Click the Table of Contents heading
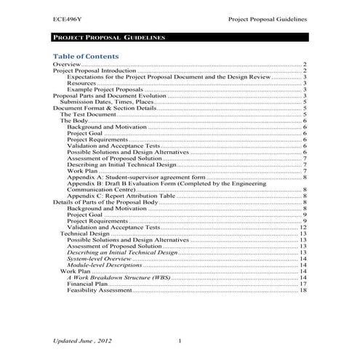[88, 56]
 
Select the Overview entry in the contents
[66, 65]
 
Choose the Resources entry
[82, 84]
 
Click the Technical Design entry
[84, 233]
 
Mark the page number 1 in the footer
[179, 340]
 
